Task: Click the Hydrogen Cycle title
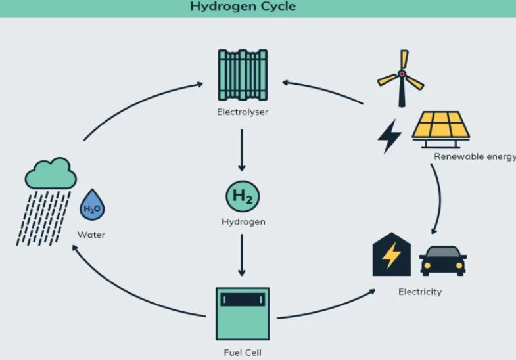pos(243,7)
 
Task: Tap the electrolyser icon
pos(242,74)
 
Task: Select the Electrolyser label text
pos(242,112)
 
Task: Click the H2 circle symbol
pos(242,196)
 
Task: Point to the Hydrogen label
pos(243,222)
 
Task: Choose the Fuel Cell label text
pos(242,353)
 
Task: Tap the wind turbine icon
pos(401,78)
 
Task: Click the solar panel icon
pos(440,127)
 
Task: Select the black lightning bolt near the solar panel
pos(389,135)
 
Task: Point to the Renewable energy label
pos(474,156)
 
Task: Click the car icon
pos(442,260)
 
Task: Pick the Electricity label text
pos(419,292)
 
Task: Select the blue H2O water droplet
pos(91,206)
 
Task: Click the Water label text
pos(91,235)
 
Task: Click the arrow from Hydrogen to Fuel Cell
pos(242,255)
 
